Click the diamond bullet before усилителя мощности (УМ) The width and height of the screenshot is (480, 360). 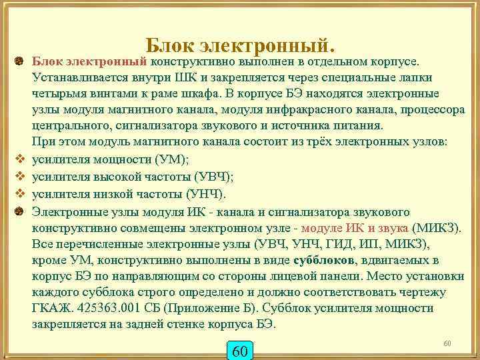tap(20, 161)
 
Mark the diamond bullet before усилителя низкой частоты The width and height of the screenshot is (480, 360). tap(20, 194)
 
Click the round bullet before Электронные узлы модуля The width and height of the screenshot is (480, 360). tap(20, 211)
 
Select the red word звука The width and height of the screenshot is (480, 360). tap(393, 227)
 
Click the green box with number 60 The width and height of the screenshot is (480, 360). tap(241, 351)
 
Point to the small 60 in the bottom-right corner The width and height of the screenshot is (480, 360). tap(447, 343)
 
